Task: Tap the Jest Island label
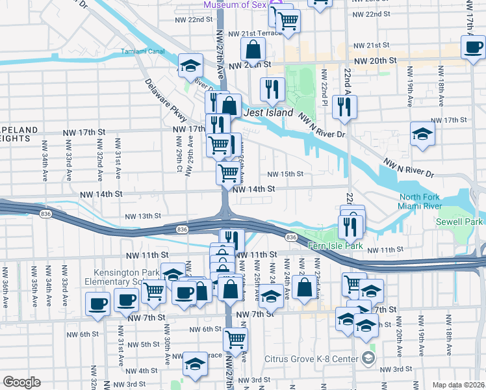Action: click(268, 112)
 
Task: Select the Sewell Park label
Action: click(460, 222)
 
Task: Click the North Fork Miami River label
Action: click(419, 201)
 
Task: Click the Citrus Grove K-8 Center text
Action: click(311, 359)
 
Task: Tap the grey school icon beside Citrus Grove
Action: click(368, 358)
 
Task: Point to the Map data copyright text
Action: click(458, 385)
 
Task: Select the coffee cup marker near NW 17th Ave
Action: click(473, 45)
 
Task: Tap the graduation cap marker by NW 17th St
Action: click(422, 135)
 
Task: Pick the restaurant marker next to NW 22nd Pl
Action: click(344, 107)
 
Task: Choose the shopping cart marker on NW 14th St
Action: click(228, 173)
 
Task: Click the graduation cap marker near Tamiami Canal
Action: click(190, 65)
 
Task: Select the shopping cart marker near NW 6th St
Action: click(235, 339)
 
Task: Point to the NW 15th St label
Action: click(286, 174)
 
